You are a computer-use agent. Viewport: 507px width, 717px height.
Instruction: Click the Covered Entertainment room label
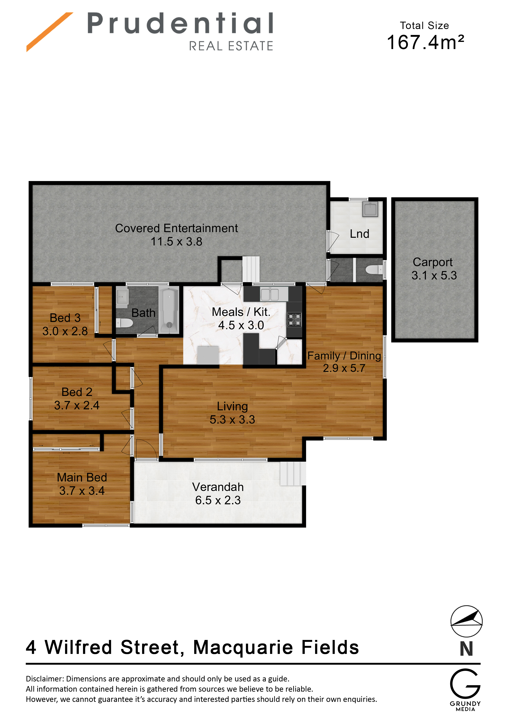[x=176, y=228]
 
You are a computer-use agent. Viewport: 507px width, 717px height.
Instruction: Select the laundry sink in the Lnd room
[x=370, y=209]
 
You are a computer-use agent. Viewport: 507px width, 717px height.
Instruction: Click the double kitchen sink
[x=270, y=295]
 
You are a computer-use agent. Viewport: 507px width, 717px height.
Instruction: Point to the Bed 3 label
[x=65, y=318]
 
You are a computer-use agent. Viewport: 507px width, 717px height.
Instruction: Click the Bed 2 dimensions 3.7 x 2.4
[x=77, y=405]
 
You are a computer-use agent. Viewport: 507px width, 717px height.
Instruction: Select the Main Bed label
[x=82, y=477]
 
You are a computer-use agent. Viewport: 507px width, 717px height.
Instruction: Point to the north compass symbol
[x=466, y=621]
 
